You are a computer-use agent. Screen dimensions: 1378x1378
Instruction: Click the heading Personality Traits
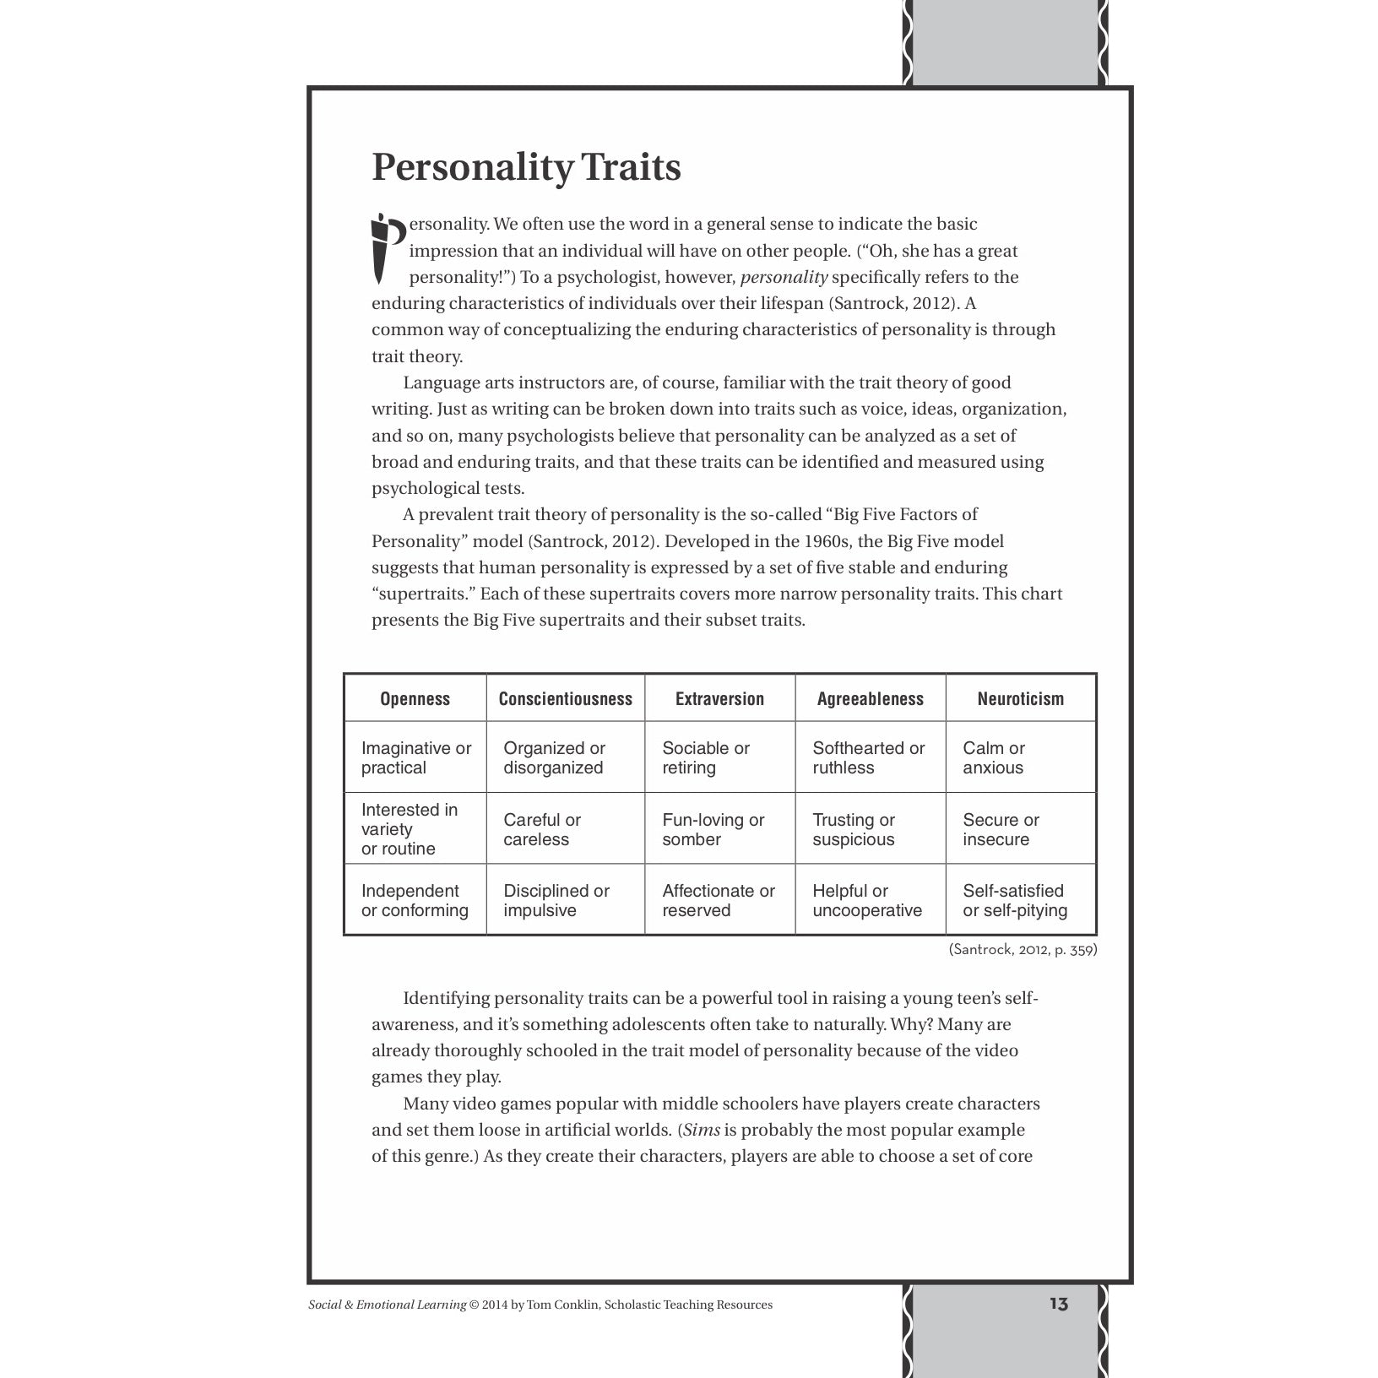pyautogui.click(x=526, y=167)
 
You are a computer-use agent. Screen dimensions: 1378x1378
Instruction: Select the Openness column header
pyautogui.click(x=415, y=698)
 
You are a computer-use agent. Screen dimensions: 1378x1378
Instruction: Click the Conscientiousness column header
pyautogui.click(x=565, y=698)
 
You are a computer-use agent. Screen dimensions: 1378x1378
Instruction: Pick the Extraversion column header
pyautogui.click(x=719, y=698)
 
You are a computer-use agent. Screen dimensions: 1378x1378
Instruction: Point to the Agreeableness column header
pyautogui.click(x=870, y=698)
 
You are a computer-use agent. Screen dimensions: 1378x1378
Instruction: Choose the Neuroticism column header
pyautogui.click(x=1020, y=698)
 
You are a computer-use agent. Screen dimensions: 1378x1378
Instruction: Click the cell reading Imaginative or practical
pyautogui.click(x=415, y=757)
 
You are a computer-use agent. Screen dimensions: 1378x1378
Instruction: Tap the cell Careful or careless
pyautogui.click(x=542, y=829)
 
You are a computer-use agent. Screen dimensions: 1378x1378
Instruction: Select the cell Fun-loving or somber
pyautogui.click(x=713, y=829)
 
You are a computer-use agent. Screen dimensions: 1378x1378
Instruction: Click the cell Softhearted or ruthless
pyautogui.click(x=868, y=757)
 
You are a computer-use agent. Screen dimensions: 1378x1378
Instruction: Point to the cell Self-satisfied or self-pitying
pyautogui.click(x=1015, y=900)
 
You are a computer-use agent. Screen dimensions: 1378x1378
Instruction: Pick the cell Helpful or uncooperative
pyautogui.click(x=866, y=900)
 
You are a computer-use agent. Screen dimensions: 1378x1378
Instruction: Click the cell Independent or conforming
pyautogui.click(x=414, y=900)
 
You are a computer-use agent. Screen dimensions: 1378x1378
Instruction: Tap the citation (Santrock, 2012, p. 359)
pyautogui.click(x=1023, y=950)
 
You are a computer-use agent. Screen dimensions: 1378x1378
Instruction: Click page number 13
pyautogui.click(x=1059, y=1305)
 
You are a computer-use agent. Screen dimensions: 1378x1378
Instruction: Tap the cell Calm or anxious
pyautogui.click(x=993, y=757)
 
